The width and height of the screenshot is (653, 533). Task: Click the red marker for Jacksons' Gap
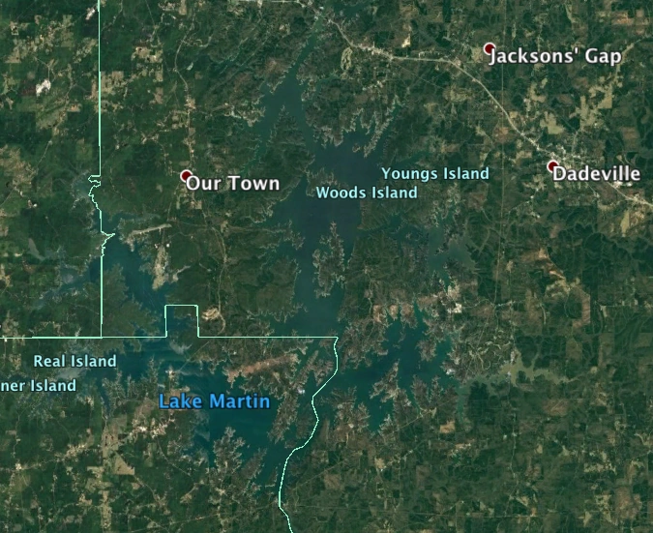tap(490, 48)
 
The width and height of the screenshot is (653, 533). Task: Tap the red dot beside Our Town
tap(186, 176)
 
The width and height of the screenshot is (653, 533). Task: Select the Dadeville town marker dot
tap(552, 166)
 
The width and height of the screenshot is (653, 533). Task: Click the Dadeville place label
tap(597, 175)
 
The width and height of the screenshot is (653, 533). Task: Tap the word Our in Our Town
tap(201, 183)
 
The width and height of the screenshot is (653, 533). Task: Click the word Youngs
tap(410, 174)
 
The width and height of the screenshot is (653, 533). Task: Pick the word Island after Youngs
tap(466, 174)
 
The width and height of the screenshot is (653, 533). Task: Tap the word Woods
tap(340, 192)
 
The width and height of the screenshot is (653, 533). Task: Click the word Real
tap(49, 362)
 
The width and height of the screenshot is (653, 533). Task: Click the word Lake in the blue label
tap(178, 401)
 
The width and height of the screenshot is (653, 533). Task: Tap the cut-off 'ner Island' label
tap(39, 386)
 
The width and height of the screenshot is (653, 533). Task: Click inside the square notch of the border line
tap(181, 321)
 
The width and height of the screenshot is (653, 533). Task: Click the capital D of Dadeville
tap(560, 175)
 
